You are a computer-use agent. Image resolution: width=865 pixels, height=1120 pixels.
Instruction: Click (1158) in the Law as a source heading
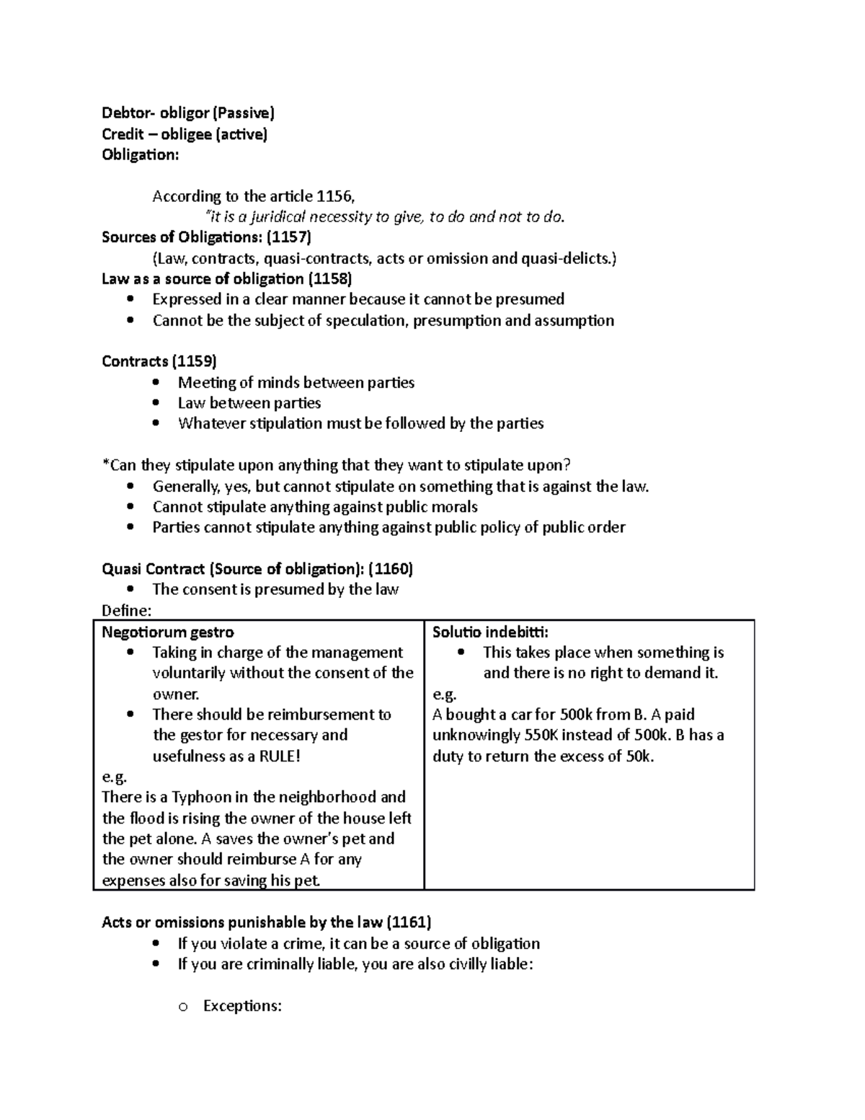329,279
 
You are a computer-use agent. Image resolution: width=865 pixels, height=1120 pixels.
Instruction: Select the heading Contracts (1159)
159,361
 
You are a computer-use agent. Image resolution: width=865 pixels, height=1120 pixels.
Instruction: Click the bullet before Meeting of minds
157,383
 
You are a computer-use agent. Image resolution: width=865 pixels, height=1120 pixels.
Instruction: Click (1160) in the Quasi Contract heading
390,569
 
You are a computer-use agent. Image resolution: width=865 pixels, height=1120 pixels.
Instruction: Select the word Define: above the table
127,611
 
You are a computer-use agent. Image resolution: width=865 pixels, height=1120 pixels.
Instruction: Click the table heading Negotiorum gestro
167,632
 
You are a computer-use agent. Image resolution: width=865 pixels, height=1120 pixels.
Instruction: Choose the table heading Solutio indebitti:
490,632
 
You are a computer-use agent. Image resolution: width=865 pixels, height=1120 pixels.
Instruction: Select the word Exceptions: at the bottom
242,1006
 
